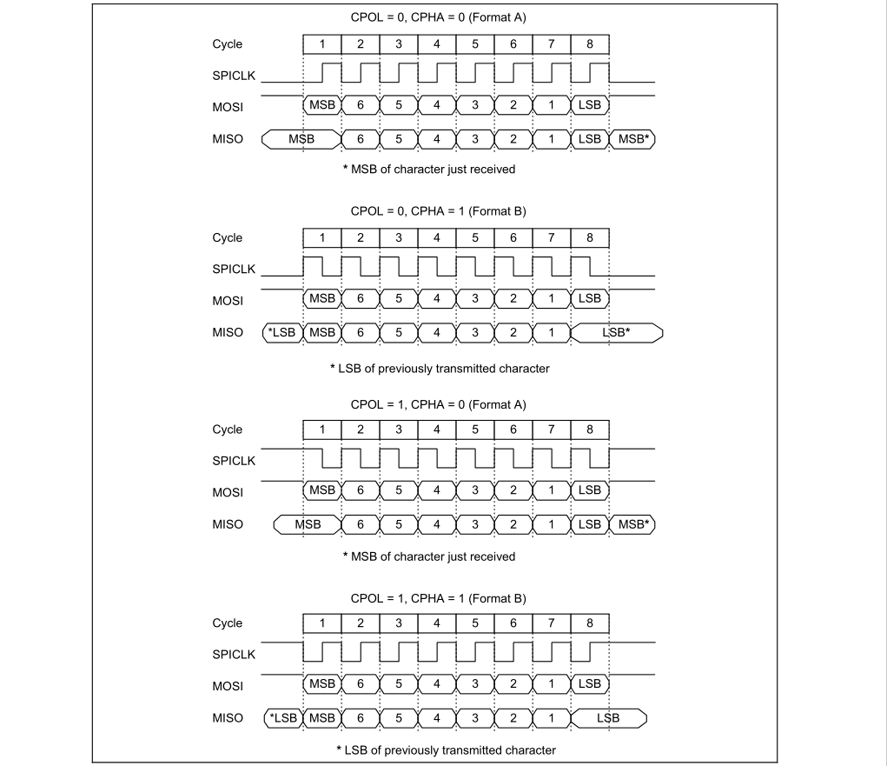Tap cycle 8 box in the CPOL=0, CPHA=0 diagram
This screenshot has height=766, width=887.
[x=590, y=44]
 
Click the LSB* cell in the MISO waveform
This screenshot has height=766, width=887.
[x=617, y=332]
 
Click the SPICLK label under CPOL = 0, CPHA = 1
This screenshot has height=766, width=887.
[x=234, y=270]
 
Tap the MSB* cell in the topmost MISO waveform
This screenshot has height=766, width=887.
[x=633, y=138]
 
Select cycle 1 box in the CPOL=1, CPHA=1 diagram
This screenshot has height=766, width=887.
[x=322, y=623]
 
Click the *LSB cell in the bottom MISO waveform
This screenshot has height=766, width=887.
[x=282, y=717]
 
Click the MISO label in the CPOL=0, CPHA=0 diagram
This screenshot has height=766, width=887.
[x=228, y=138]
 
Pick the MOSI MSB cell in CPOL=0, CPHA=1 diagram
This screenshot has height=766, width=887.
[x=322, y=298]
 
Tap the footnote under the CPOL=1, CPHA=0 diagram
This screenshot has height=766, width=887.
[x=429, y=556]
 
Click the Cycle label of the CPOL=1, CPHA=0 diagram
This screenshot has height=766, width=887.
[x=228, y=430]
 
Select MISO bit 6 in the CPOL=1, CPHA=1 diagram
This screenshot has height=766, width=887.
[x=361, y=717]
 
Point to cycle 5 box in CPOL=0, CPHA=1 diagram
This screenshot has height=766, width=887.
[x=475, y=237]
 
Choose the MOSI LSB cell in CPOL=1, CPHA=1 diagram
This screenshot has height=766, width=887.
[x=590, y=684]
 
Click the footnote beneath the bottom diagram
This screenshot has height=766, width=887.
[x=447, y=749]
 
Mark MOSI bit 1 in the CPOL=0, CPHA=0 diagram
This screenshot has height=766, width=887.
[x=552, y=105]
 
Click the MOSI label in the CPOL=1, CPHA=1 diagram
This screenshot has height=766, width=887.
[x=228, y=686]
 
